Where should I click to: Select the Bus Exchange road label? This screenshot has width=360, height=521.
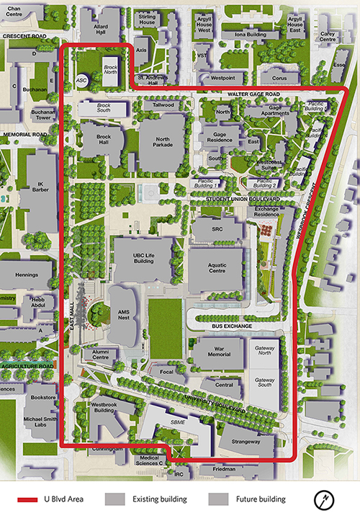pyautogui.click(x=232, y=326)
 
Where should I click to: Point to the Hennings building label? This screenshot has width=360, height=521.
pyautogui.click(x=26, y=275)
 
